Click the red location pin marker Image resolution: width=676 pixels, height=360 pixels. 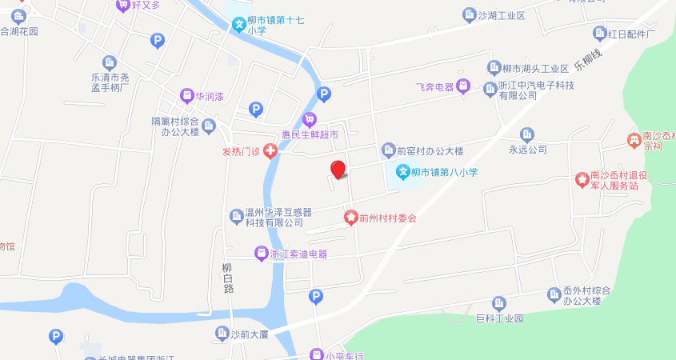pos(338,169)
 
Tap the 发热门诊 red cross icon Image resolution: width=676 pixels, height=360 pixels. pos(271,150)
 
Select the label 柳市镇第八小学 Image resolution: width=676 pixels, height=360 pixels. pos(444,172)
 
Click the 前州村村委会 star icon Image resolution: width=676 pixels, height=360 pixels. pos(350,218)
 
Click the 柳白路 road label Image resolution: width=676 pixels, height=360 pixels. pos(227,278)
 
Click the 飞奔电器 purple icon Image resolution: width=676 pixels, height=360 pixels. pos(462,86)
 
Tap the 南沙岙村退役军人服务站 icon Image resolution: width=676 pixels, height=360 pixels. pos(582,179)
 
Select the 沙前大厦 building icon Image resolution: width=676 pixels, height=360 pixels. pos(222,334)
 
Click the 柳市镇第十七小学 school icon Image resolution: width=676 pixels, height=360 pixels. pos(238,25)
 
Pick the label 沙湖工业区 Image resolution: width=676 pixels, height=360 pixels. pos(501,16)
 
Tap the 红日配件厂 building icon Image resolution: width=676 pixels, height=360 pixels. pos(599,34)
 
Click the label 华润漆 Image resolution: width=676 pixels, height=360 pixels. pos(210,96)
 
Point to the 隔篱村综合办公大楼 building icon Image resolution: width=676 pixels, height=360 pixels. pos(209,126)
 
